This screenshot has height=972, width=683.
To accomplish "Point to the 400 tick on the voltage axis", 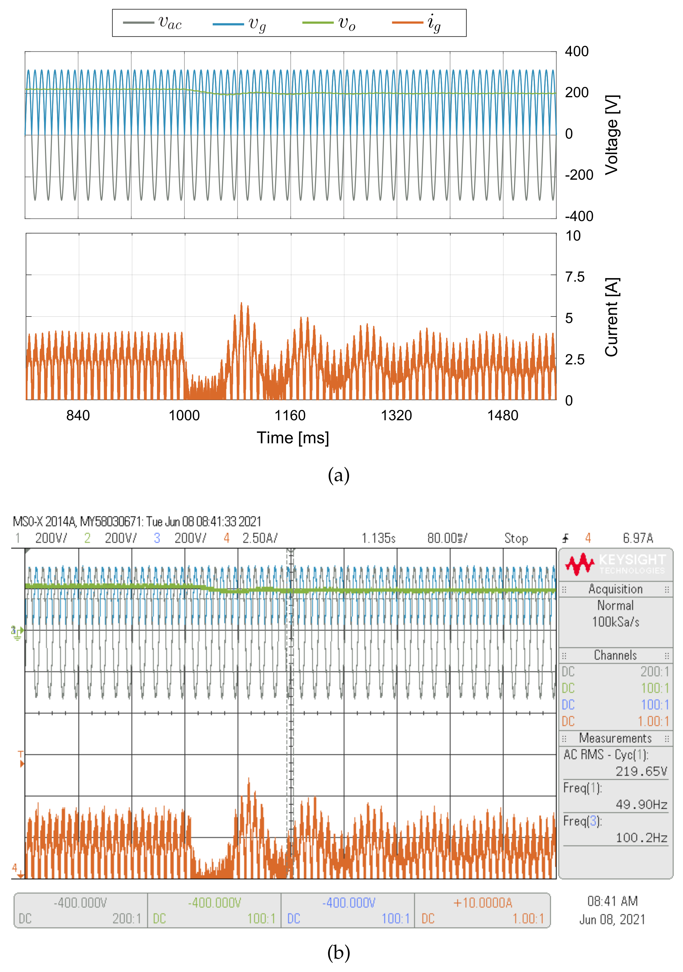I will [576, 52].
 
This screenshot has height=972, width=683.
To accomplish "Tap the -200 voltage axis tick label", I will [579, 175].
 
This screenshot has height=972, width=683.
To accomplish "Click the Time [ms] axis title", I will [293, 438].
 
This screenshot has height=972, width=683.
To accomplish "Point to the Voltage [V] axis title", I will [611, 135].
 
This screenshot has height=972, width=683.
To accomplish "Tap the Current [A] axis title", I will [611, 317].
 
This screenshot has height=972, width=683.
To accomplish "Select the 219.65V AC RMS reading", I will [641, 771].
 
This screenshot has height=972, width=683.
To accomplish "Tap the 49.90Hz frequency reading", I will [641, 804].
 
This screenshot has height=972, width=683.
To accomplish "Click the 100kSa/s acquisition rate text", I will [615, 622].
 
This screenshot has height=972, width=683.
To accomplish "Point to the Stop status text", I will [516, 538].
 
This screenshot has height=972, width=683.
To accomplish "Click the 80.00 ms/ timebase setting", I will [447, 538].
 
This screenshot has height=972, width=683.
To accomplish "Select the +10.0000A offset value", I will [482, 903].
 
